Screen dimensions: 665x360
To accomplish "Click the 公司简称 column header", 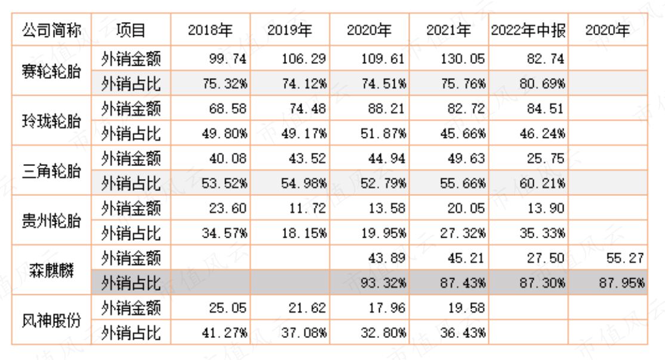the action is [x=51, y=30].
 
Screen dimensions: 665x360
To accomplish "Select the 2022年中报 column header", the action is [x=528, y=30].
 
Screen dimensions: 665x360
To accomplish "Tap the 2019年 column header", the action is [x=290, y=30].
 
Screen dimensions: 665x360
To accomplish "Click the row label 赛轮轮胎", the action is [x=51, y=71].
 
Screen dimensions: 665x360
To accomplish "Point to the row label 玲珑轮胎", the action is [x=51, y=121].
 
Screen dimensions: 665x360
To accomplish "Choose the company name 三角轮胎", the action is [x=51, y=171].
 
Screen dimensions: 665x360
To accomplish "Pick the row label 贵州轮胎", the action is [x=51, y=220].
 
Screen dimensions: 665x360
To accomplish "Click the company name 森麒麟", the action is [x=51, y=270].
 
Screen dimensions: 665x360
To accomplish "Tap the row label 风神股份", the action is [x=51, y=320].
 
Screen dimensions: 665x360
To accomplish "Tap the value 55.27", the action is [x=625, y=258].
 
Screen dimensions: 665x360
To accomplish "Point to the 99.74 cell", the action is [x=227, y=59].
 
